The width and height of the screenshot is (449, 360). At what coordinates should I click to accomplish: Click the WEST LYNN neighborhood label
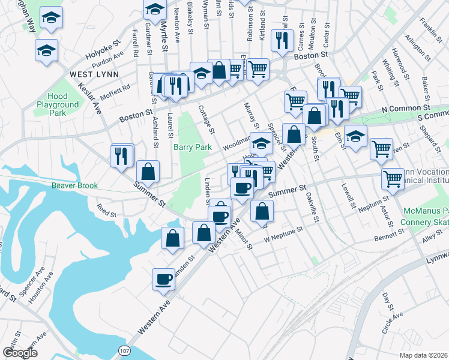(94, 74)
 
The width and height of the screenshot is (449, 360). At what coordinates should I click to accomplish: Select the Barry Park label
(190, 147)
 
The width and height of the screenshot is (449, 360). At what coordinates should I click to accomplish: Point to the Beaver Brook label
(74, 186)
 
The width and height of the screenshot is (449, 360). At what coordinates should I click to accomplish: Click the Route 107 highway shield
(124, 350)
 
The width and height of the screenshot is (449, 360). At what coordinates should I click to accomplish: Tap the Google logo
(20, 352)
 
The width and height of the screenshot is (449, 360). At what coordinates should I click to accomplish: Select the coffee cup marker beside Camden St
(164, 278)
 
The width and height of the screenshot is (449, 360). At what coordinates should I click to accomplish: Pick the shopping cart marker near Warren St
(381, 148)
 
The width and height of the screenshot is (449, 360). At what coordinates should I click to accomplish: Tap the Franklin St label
(428, 27)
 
